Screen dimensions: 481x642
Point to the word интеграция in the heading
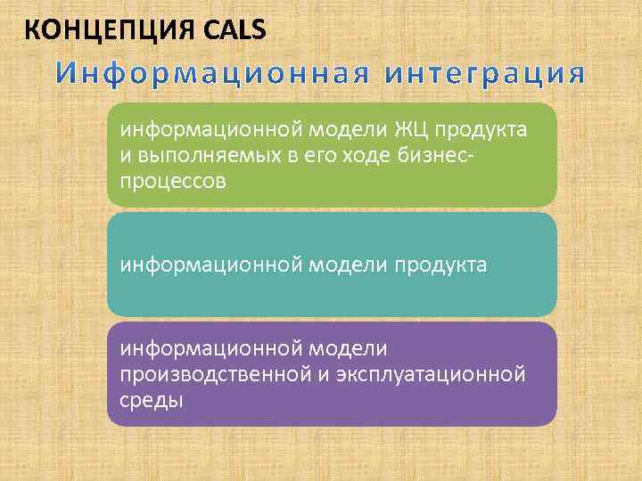(x=485, y=75)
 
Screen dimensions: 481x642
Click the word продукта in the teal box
(x=442, y=265)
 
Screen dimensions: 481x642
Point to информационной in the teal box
(x=210, y=265)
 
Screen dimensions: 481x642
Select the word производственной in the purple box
(x=214, y=374)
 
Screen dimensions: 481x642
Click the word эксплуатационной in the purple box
(x=430, y=374)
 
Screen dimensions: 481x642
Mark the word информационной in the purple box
(x=210, y=348)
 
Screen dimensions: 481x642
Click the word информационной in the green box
(x=210, y=131)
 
